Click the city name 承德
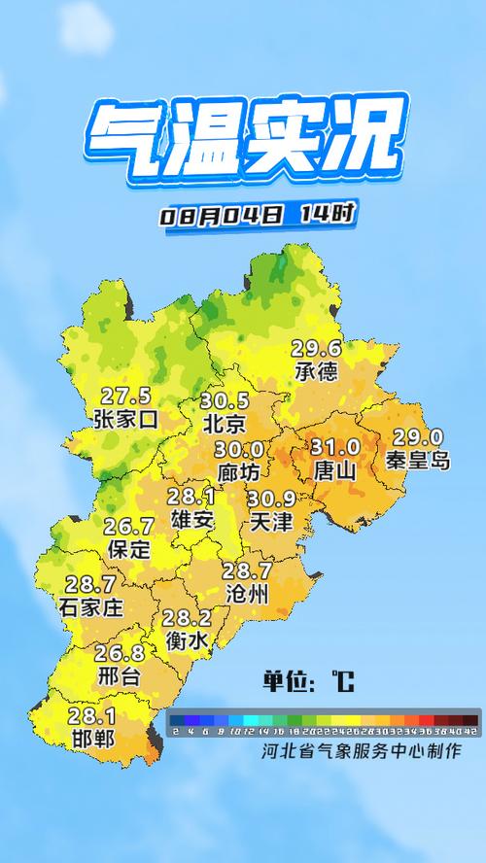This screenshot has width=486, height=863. click(x=317, y=372)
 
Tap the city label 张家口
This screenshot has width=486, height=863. click(x=125, y=419)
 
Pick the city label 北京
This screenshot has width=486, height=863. click(x=225, y=424)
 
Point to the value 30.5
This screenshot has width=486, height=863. click(x=225, y=401)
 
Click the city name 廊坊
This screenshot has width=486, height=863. click(x=239, y=471)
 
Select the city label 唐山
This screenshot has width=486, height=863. click(x=335, y=470)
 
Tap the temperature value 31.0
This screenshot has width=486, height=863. click(x=335, y=447)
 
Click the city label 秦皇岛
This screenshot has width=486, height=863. click(x=417, y=461)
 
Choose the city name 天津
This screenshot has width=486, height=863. click(x=270, y=522)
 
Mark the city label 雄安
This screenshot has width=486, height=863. click(x=191, y=519)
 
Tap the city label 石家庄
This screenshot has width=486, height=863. click(x=92, y=607)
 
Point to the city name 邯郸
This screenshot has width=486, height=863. click(x=92, y=739)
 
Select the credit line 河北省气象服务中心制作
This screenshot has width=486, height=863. click(x=360, y=751)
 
